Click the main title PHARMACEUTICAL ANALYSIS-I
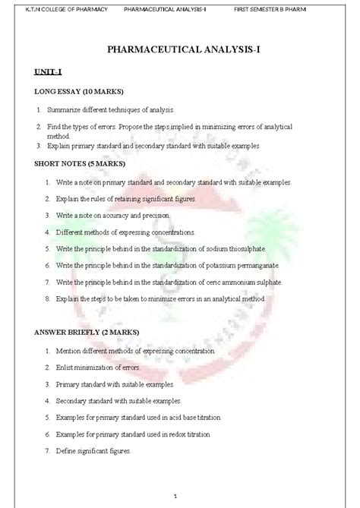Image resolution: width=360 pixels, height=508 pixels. (180, 51)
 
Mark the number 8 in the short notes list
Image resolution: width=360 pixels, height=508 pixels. (47, 298)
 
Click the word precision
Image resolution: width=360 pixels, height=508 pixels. (159, 215)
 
